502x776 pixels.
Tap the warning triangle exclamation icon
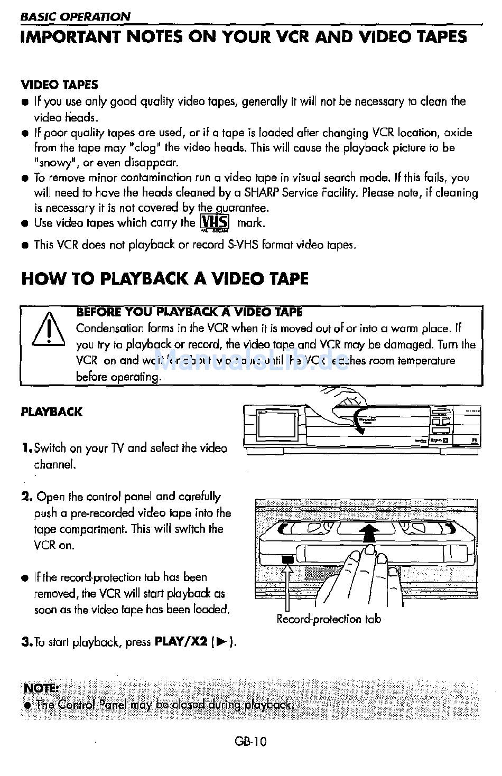[48, 331]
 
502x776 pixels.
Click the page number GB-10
[251, 741]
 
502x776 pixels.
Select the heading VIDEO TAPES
[59, 85]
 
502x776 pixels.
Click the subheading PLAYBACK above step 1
[52, 412]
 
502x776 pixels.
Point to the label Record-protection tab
[328, 619]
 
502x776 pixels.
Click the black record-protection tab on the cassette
[287, 559]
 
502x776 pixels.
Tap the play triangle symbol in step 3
[221, 642]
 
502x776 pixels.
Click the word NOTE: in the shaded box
[41, 688]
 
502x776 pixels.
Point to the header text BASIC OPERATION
[75, 16]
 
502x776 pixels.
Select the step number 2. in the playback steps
[27, 497]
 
